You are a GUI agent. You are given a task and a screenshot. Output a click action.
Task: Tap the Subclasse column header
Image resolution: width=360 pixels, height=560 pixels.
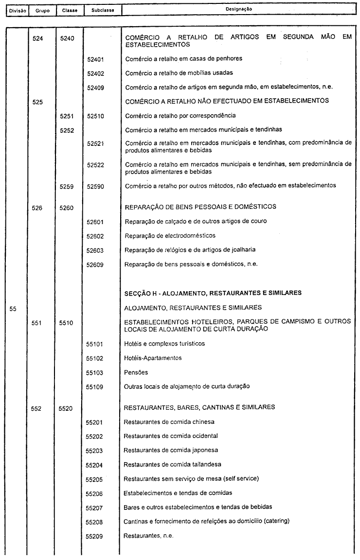coord(99,9)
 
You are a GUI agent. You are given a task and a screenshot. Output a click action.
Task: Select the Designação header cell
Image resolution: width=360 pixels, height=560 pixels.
coord(238,9)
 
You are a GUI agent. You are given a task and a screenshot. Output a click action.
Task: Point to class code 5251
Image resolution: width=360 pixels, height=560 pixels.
coord(66,116)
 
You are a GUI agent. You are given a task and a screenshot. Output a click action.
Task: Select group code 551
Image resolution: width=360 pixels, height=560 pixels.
coord(37,322)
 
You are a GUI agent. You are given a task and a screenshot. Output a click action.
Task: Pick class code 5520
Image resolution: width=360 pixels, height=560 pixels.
coord(66,408)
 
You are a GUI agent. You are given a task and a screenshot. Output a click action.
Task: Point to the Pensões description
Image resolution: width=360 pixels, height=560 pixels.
coord(136,372)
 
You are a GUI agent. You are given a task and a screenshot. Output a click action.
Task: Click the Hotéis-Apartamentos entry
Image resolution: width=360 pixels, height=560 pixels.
coord(153,358)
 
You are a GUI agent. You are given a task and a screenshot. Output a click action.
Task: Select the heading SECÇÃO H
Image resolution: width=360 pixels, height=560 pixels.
coord(213,293)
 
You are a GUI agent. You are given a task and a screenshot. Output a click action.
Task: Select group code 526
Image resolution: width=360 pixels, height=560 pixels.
coord(37,208)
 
